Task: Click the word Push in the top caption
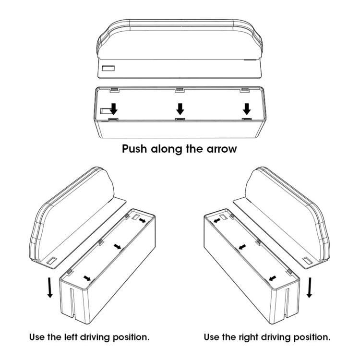point(135,149)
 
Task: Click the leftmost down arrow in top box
point(114,108)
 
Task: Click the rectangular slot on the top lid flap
point(108,69)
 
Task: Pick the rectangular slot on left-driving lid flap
point(51,261)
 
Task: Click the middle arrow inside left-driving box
point(118,246)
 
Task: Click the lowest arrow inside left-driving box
point(87,277)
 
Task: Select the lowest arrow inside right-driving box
point(273,277)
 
